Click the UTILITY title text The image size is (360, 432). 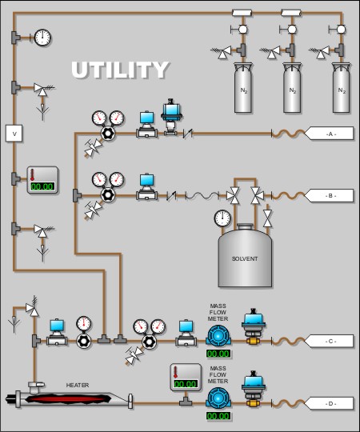(x=120, y=70)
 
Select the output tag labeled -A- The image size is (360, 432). (x=329, y=134)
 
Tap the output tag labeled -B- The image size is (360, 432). (x=329, y=196)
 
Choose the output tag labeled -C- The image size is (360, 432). (x=329, y=341)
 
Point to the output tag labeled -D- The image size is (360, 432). (x=329, y=404)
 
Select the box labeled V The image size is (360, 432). (x=14, y=134)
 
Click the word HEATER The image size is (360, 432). (x=78, y=385)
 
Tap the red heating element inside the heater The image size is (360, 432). (x=69, y=398)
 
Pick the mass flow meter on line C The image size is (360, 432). (x=218, y=335)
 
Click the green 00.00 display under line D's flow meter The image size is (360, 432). (x=218, y=416)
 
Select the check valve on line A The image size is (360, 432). (x=188, y=134)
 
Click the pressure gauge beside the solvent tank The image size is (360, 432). (x=222, y=218)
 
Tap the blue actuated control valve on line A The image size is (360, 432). (x=171, y=117)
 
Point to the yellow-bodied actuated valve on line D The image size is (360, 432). (x=253, y=390)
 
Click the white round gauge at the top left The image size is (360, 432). (x=42, y=38)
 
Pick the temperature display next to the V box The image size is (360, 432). (x=42, y=180)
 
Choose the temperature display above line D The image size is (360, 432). (x=186, y=377)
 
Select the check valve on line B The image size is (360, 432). (x=171, y=196)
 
